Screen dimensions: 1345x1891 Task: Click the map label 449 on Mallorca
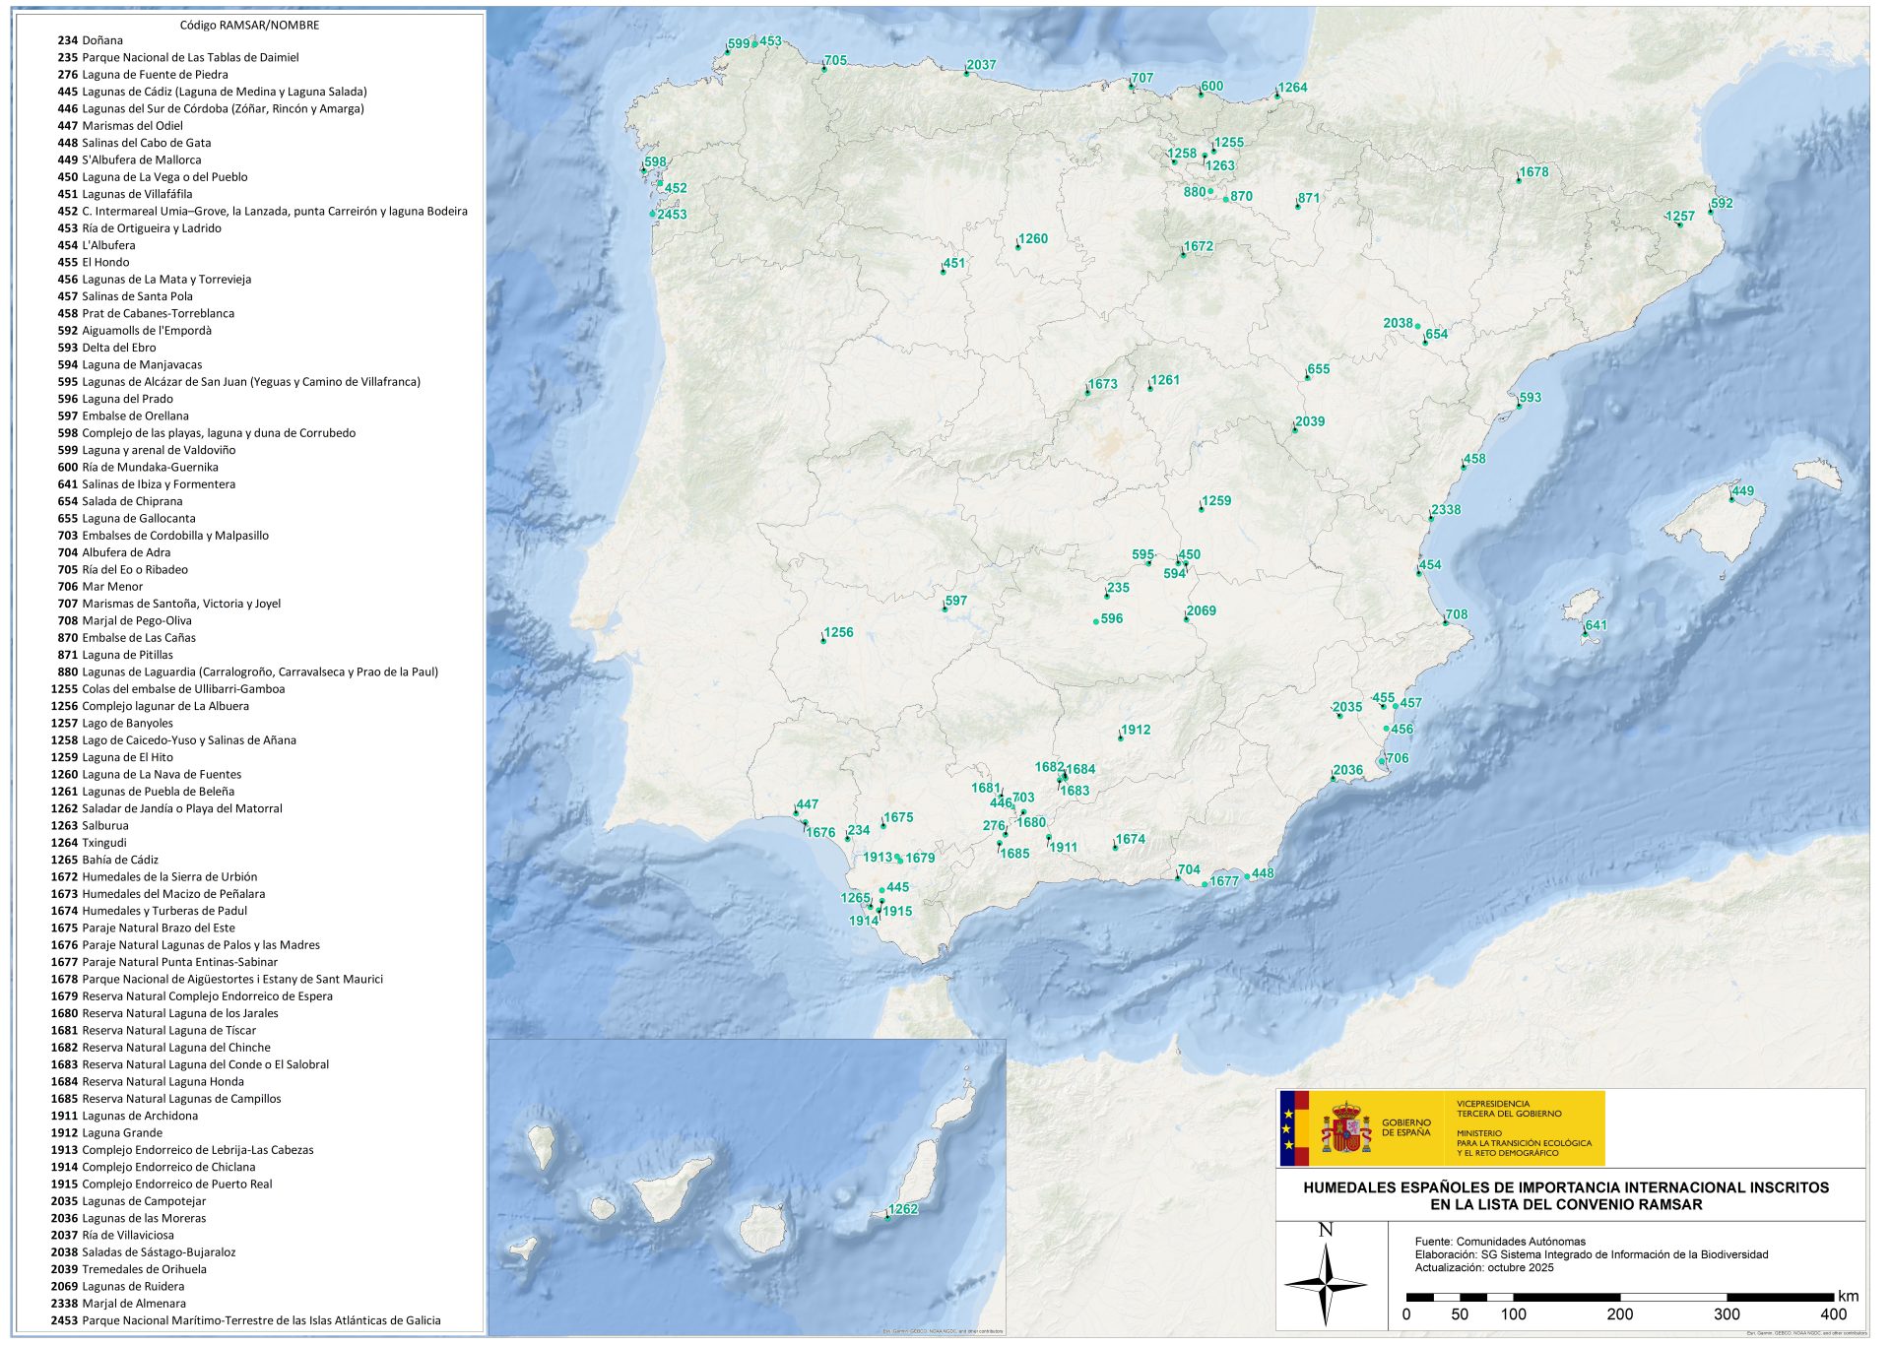[x=1742, y=491]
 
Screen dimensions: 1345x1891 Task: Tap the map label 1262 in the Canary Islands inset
[x=902, y=1209]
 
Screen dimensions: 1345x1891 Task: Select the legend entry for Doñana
[x=102, y=40]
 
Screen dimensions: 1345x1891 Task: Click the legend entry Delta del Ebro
[x=118, y=348]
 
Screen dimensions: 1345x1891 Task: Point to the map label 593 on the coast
[x=1530, y=398]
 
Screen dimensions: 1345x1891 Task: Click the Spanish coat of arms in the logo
[x=1345, y=1128]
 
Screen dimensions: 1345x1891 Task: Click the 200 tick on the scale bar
[x=1619, y=1313]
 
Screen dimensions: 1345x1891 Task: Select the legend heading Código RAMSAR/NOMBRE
[x=249, y=25]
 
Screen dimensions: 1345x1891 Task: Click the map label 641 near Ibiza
[x=1596, y=625]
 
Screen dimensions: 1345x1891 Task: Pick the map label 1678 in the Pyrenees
[x=1533, y=172]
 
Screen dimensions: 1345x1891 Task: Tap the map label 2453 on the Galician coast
[x=672, y=215]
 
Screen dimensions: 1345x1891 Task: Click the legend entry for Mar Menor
[x=112, y=587]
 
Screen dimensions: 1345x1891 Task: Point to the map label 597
[x=955, y=601]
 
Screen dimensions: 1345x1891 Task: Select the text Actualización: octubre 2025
[x=1483, y=1267]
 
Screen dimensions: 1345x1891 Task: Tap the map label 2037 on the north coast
[x=981, y=65]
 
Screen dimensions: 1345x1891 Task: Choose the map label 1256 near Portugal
[x=838, y=632]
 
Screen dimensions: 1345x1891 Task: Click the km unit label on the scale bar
[x=1848, y=1296]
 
